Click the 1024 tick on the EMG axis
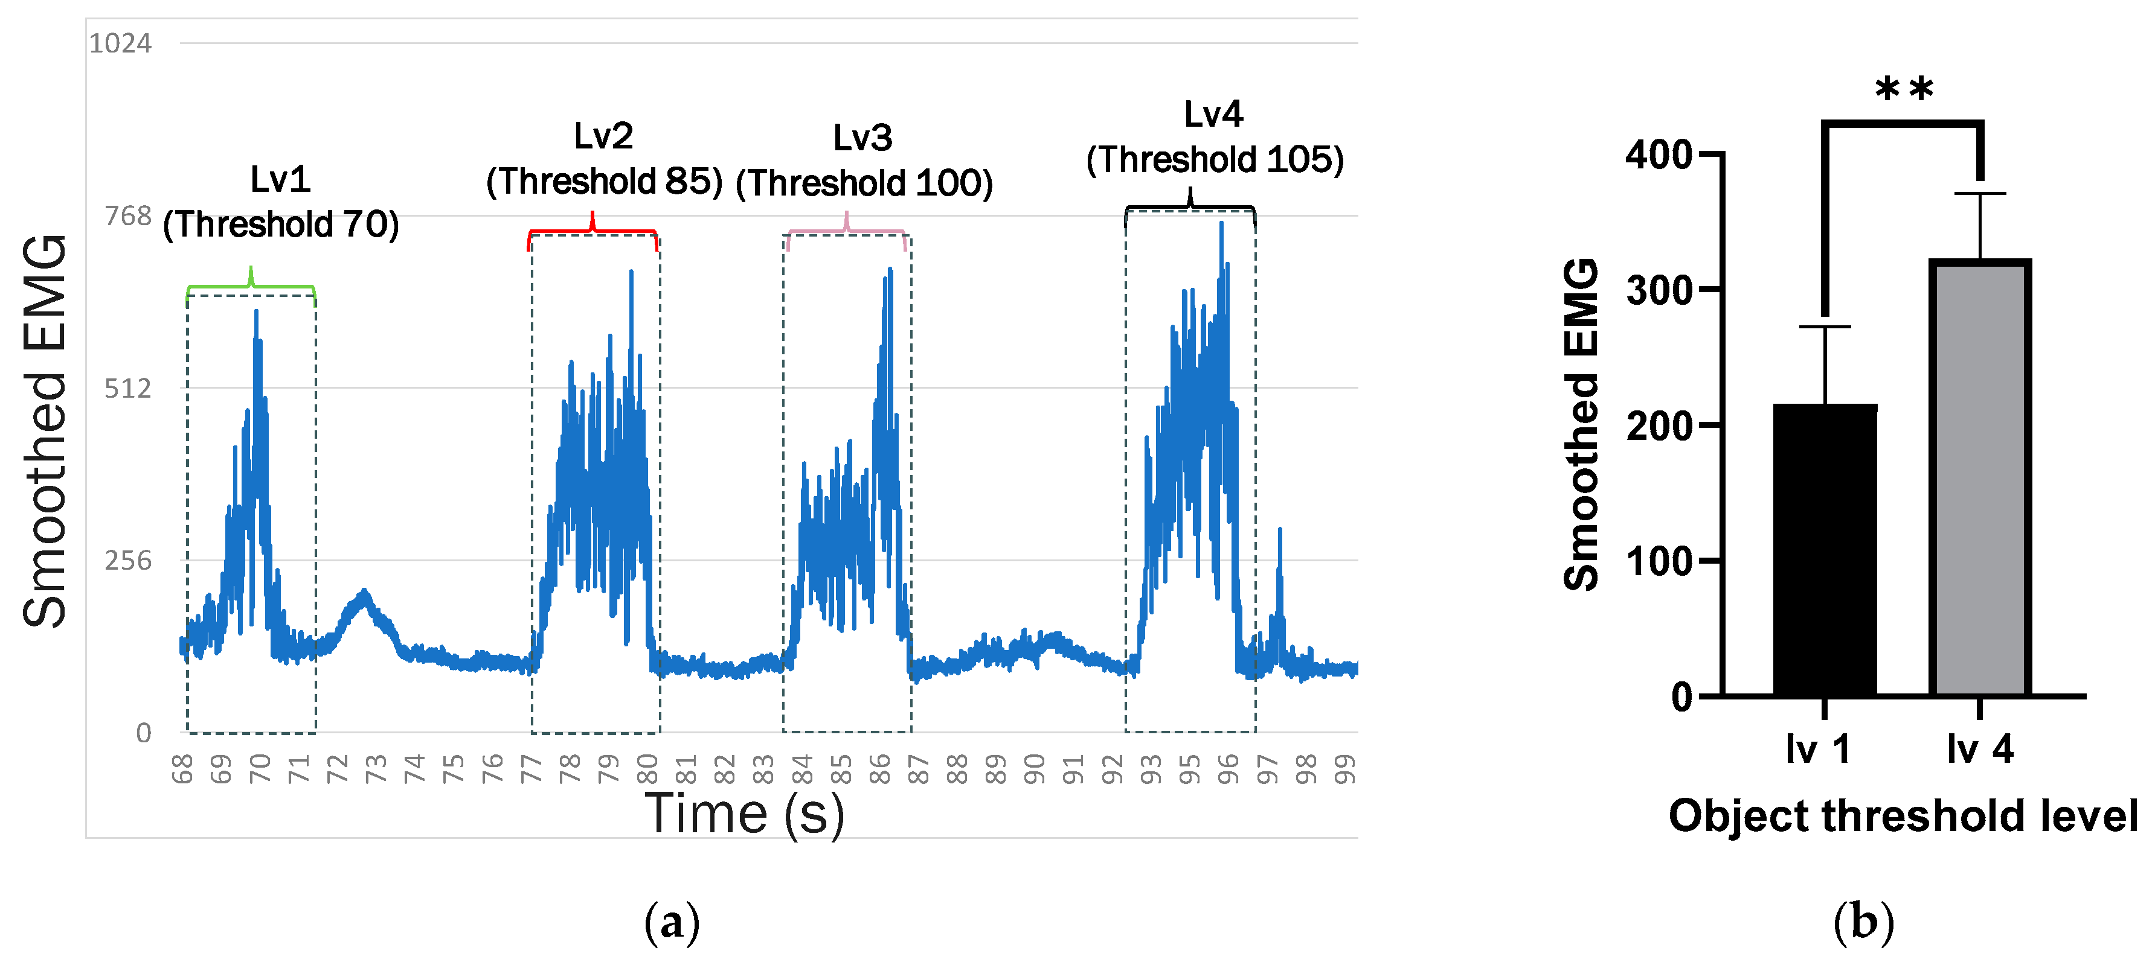coord(120,43)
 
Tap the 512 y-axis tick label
coord(128,388)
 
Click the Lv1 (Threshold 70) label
coord(281,202)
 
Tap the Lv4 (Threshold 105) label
coord(1214,137)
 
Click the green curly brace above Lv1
coord(251,285)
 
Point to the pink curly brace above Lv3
coord(847,229)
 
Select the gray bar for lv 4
coord(1979,477)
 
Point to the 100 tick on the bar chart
coord(1658,561)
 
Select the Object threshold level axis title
coord(1903,815)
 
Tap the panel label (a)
coord(671,922)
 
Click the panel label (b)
coord(1863,922)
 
